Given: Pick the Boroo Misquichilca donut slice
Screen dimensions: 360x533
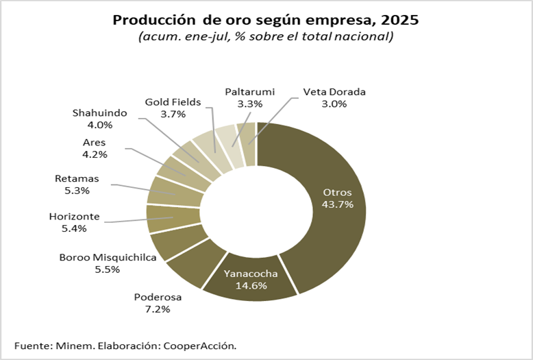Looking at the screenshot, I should [171, 244].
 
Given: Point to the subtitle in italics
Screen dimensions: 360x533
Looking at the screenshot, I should [266, 36].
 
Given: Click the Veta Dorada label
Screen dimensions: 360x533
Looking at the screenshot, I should [334, 92].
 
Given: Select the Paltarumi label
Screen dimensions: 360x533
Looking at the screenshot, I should [249, 92].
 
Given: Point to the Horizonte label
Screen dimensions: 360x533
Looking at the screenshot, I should [74, 217].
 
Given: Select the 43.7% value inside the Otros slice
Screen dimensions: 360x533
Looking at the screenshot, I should [338, 205].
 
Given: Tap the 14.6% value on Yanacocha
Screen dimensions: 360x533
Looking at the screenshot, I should [250, 286].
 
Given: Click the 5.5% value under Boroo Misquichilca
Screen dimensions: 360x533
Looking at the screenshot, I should [108, 269].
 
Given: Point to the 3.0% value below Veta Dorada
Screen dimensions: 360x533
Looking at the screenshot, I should [334, 104].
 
